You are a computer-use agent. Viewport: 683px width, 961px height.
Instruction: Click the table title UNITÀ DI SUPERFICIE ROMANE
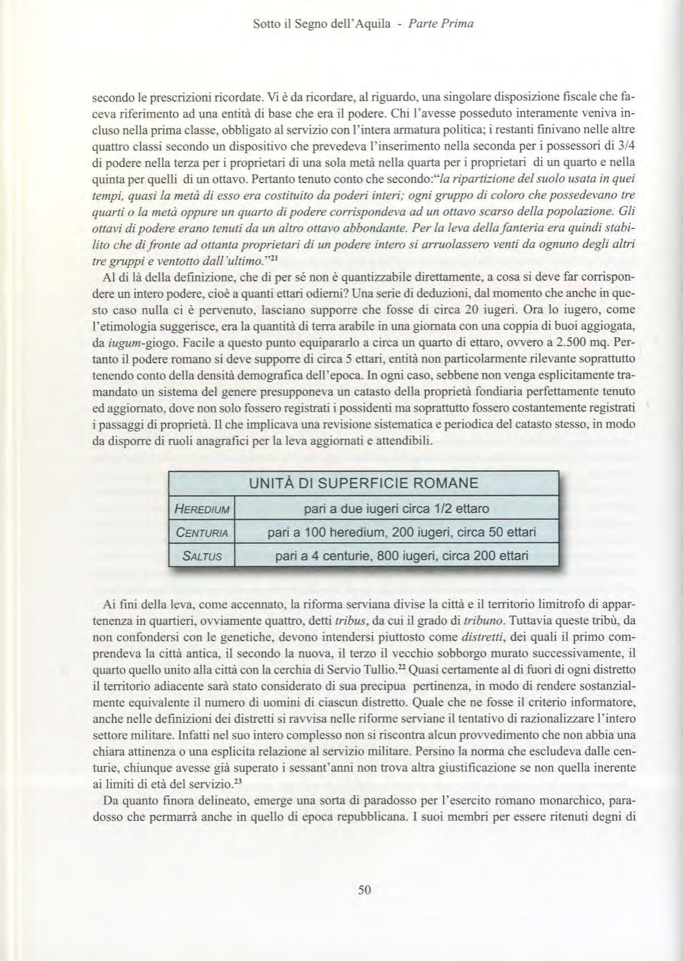coord(364,483)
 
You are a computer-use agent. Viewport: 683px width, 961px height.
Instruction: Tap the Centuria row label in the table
coord(202,533)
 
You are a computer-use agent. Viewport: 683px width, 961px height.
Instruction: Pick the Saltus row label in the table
coord(202,556)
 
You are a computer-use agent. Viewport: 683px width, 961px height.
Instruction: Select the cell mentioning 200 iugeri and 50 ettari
coord(401,532)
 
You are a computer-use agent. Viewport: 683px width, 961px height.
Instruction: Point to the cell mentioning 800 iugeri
coord(401,556)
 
